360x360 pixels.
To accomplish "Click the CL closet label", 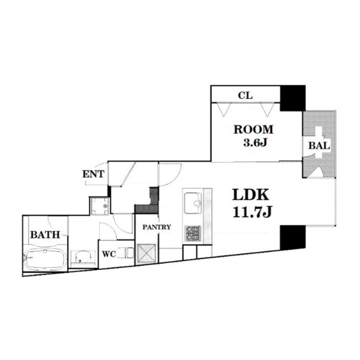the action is [x=245, y=95].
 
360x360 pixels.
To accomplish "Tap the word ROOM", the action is [x=254, y=130].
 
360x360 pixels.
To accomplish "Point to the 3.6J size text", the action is [x=255, y=143].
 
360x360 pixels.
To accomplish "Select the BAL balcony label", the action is [x=319, y=146].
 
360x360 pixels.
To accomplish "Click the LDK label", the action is [x=251, y=195].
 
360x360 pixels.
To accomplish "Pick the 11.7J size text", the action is [x=253, y=212].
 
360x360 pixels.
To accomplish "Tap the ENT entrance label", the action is [x=93, y=174].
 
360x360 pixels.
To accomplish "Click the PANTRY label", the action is [x=157, y=227].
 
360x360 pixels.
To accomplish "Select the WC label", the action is [x=109, y=254].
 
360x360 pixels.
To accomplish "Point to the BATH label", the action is [x=45, y=235].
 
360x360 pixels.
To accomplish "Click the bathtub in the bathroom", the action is [x=45, y=260].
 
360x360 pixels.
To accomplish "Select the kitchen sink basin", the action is [x=193, y=203].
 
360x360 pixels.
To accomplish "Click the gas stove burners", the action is [x=193, y=233].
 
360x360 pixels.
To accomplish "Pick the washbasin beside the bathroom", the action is [x=83, y=257].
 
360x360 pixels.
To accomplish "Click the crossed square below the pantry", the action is [x=146, y=254].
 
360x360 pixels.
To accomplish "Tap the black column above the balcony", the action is [x=292, y=98].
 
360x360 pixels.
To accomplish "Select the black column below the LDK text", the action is [x=292, y=238].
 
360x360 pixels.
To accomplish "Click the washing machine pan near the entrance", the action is [x=100, y=206].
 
